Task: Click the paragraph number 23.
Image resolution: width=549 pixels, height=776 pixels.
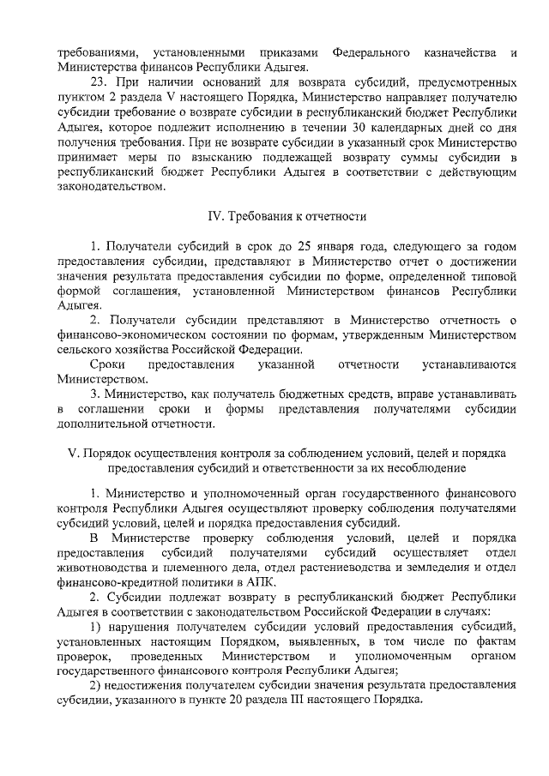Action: (97, 83)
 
